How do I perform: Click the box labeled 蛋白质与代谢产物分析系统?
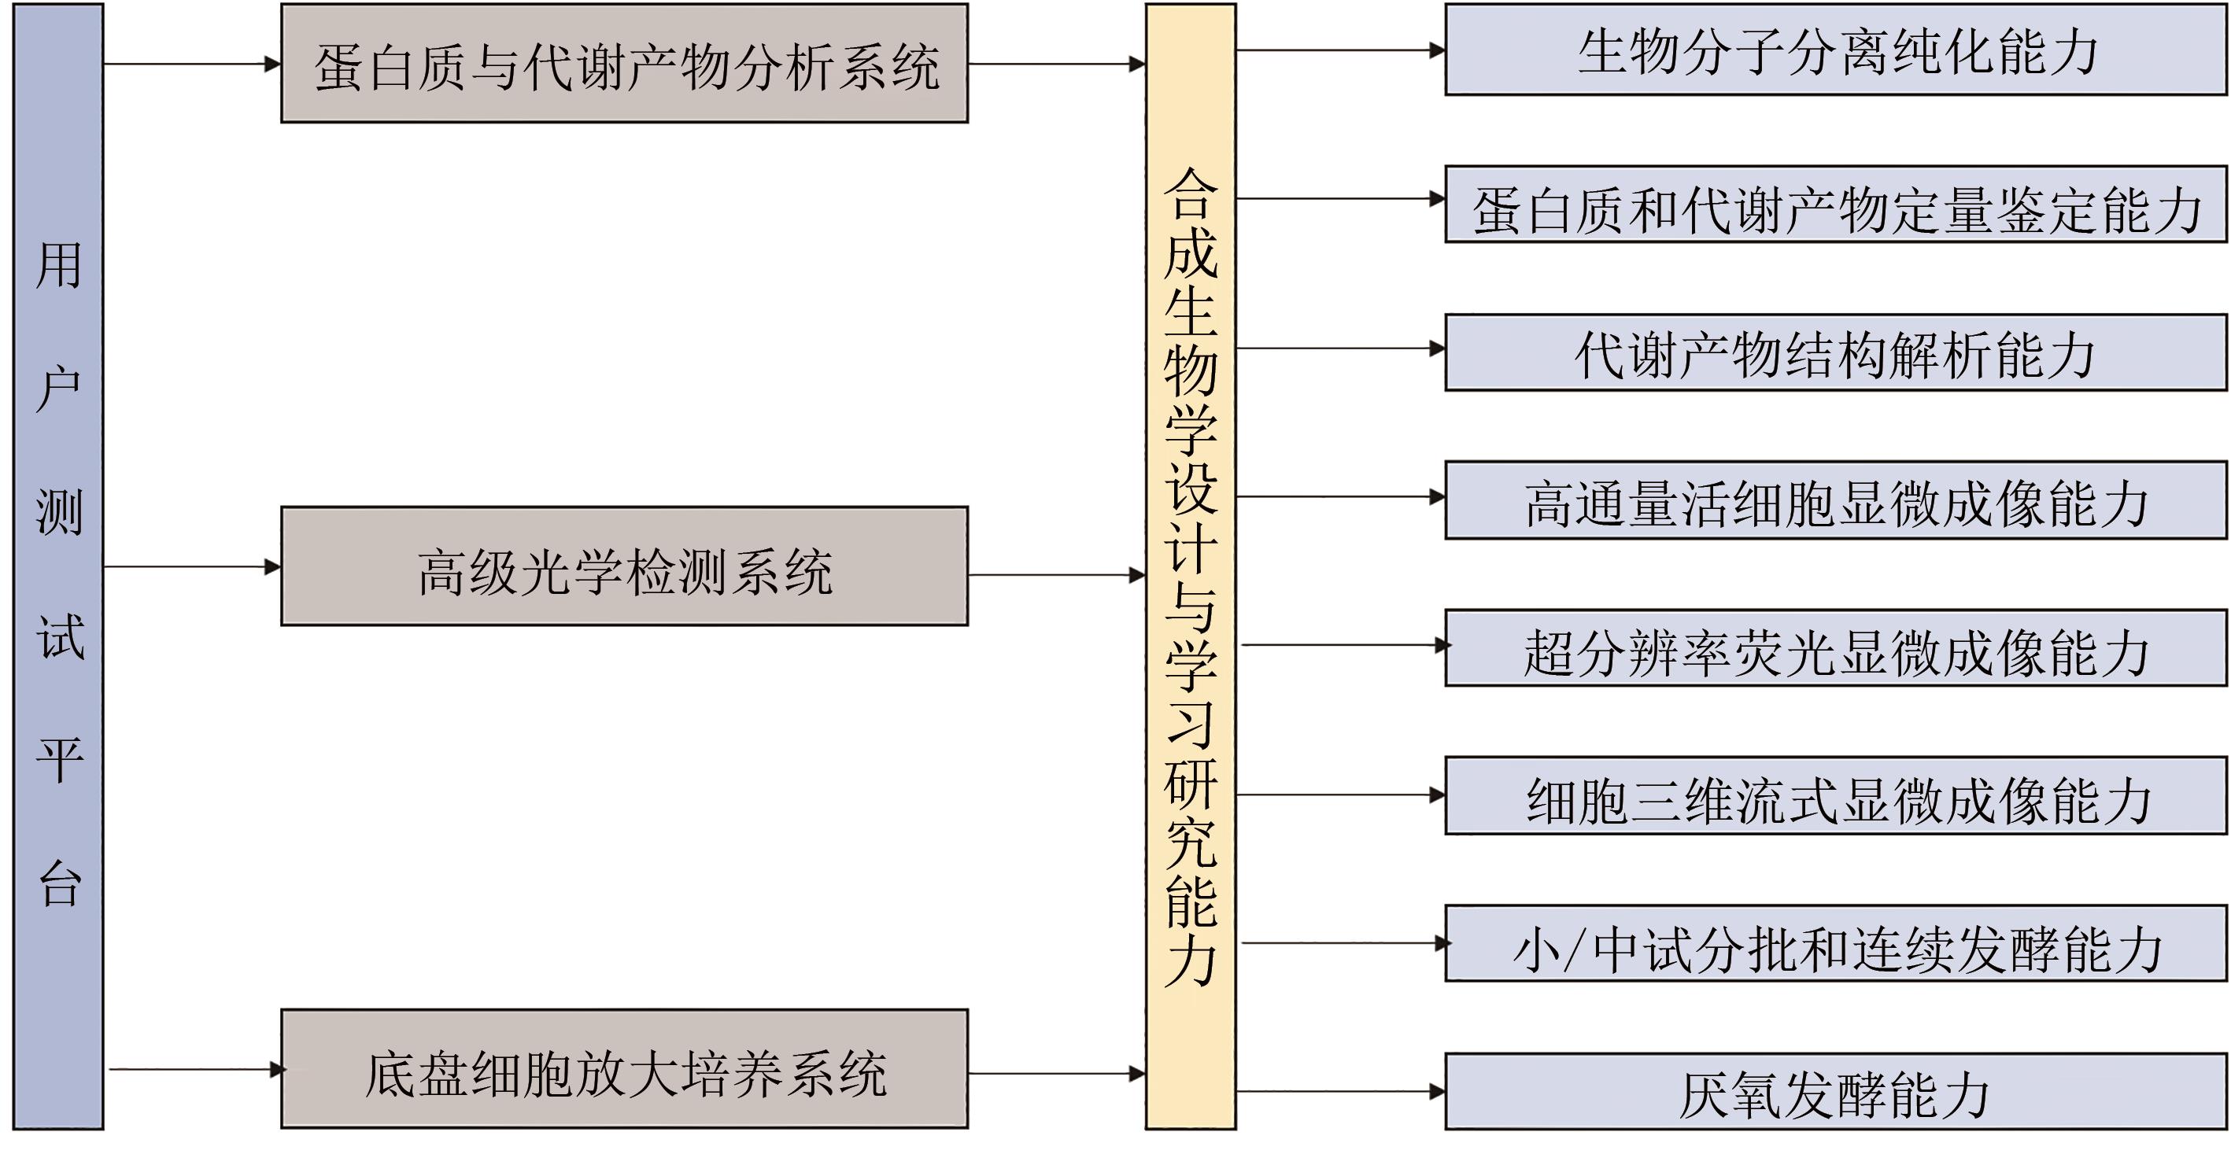(623, 64)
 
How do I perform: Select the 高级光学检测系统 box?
(623, 567)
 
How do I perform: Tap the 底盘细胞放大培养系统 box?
(623, 1070)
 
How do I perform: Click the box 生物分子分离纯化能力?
(1836, 50)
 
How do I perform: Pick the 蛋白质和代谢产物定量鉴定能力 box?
(1836, 205)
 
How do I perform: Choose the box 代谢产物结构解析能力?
(1836, 353)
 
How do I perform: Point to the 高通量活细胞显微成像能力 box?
(1836, 501)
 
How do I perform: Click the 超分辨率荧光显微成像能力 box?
(1836, 649)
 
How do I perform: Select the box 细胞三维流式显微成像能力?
(1836, 796)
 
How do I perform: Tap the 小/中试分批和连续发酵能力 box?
(1836, 945)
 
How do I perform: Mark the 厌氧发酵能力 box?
(1836, 1093)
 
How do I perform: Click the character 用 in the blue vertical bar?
(59, 265)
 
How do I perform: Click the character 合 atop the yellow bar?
(1191, 194)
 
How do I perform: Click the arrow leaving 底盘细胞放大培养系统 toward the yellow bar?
(1057, 1075)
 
